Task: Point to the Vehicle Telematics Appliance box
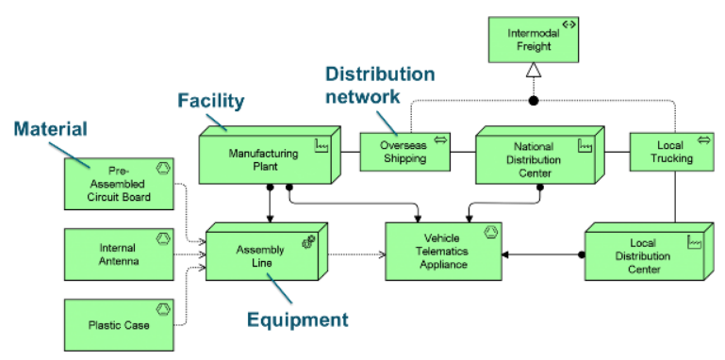(443, 252)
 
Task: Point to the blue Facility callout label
(212, 99)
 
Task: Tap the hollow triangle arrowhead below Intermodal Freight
(533, 70)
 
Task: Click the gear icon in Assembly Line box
(308, 242)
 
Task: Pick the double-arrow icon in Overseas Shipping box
(439, 140)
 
